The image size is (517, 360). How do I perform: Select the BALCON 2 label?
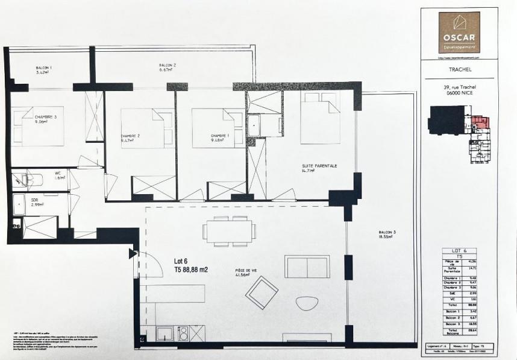(167, 67)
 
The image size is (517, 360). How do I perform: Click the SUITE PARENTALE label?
(319, 168)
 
